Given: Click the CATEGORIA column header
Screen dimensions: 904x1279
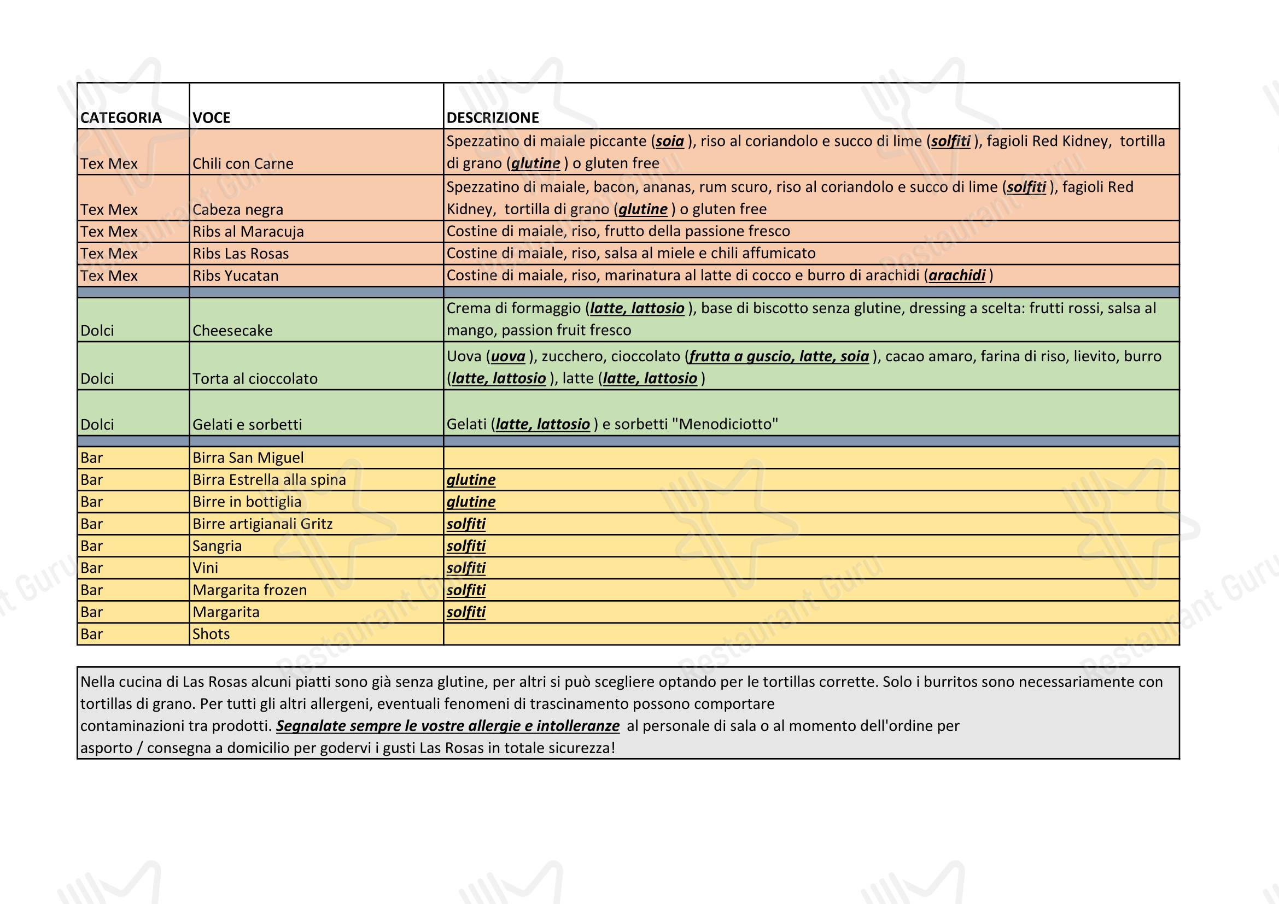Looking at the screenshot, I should [121, 118].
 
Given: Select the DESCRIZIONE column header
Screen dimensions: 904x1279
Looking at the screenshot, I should [493, 118].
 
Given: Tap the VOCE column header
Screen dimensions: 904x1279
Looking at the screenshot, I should [211, 118].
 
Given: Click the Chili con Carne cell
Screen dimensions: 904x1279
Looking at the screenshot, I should [243, 163].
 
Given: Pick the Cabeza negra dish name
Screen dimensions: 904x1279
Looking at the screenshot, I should [238, 209].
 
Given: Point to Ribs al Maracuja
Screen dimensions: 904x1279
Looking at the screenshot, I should [248, 232].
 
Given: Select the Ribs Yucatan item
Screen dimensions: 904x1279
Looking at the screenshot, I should [235, 275].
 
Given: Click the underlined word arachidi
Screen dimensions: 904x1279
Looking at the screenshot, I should [957, 275].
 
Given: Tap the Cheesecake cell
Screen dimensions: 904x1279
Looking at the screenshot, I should [232, 331].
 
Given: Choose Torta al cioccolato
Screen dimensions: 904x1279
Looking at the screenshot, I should [255, 379].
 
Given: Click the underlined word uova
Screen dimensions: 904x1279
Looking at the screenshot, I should [508, 356].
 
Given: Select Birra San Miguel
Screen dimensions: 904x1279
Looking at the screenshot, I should [248, 457].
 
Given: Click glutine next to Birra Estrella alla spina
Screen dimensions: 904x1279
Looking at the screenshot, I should [471, 480].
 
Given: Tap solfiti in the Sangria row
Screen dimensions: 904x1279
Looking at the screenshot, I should [466, 546].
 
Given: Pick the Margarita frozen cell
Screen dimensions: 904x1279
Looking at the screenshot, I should [249, 590].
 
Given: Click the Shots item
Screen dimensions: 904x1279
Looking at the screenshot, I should [211, 634].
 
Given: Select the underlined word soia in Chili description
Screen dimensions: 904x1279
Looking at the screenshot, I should [670, 142].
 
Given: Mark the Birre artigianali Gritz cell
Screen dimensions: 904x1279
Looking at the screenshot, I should [262, 524].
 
